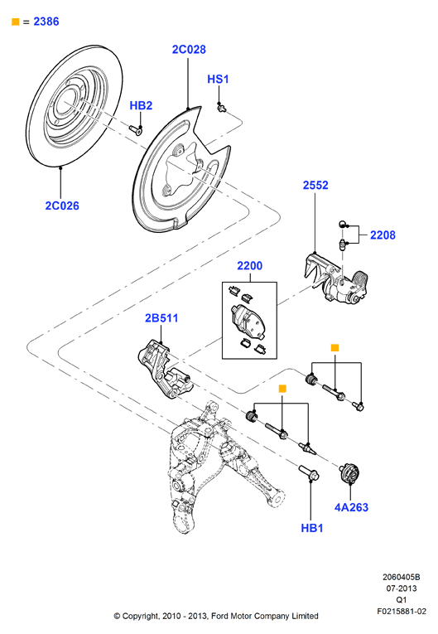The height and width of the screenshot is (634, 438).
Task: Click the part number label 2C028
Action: point(189,50)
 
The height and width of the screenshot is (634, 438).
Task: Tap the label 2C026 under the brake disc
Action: point(62,206)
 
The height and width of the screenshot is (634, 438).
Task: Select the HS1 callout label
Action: point(218,79)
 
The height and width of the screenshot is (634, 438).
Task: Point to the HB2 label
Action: point(141,105)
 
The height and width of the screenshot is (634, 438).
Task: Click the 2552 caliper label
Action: point(315,185)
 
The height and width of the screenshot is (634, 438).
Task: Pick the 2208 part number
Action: point(383,235)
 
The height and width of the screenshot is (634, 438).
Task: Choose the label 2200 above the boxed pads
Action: point(250,266)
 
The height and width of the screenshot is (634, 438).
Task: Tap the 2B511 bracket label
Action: point(161,318)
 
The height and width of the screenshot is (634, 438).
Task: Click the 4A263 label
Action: point(351,507)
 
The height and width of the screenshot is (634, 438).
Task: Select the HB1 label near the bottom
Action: point(312,528)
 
